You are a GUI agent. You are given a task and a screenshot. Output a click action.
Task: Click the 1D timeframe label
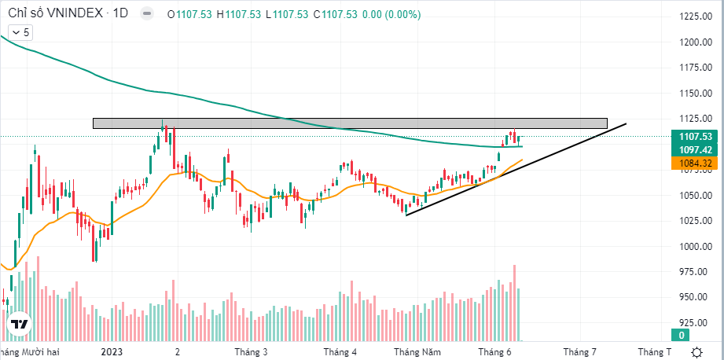click(x=119, y=13)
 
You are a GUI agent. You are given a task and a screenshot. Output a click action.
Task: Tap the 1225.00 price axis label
click(x=695, y=17)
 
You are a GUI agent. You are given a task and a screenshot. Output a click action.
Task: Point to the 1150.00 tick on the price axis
click(x=695, y=94)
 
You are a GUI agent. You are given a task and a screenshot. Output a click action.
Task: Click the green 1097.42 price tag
click(x=695, y=149)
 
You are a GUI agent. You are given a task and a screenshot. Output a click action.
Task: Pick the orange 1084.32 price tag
click(x=695, y=163)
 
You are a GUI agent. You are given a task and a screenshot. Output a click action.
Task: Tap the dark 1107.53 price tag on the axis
click(x=695, y=137)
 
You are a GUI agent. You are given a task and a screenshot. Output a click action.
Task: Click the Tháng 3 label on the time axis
click(x=251, y=351)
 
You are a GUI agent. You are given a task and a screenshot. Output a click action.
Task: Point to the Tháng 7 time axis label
click(x=579, y=351)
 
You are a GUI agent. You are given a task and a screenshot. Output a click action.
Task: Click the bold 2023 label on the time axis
click(x=113, y=351)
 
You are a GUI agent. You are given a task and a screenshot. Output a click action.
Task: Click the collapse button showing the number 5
click(x=19, y=32)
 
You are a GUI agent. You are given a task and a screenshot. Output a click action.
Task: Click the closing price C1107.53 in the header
click(x=333, y=13)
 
